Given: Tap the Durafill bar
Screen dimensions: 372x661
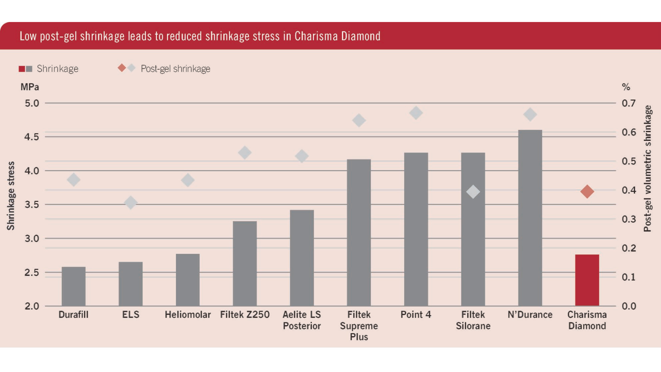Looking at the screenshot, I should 73,286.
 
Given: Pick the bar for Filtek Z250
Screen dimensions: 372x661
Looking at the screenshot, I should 245,263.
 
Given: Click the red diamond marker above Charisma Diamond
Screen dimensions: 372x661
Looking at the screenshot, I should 587,192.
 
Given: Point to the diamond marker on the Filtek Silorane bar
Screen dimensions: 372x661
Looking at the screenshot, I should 473,192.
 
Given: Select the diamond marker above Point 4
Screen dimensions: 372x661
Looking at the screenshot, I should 416,113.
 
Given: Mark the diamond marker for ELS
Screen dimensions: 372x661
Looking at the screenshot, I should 130,203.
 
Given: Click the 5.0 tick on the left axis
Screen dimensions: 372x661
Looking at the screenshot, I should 32,103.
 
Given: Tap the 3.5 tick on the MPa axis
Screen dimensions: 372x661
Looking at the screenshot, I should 32,205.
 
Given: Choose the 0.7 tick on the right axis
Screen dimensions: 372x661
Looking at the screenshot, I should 629,103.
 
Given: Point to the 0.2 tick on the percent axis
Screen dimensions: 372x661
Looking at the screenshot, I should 629,248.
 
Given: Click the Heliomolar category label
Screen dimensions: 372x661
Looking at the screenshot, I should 188,314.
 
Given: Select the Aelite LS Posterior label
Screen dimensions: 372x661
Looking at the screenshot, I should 302,320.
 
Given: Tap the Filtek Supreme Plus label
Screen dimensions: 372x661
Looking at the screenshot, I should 359,325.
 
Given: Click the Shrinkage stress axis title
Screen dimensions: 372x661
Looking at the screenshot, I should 11,196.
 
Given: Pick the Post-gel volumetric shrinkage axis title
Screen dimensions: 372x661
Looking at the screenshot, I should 648,168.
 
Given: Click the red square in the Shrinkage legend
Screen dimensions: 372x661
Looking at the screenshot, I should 22,69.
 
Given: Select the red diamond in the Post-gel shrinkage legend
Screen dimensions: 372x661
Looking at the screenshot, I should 122,68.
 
